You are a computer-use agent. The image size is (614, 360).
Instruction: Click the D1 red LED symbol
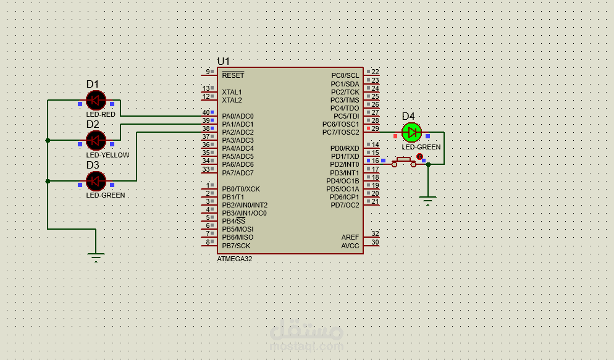[x=96, y=101]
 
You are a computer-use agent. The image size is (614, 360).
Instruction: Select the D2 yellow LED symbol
[x=96, y=140]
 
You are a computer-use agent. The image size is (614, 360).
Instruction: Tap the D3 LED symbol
[x=96, y=181]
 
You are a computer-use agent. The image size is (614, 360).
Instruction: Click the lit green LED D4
[x=411, y=132]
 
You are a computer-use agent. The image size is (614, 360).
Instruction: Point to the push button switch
[x=404, y=162]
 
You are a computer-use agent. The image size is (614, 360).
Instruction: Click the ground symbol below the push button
[x=428, y=201]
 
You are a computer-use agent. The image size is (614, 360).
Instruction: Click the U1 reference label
[x=223, y=61]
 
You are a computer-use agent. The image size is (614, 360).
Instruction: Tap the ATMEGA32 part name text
[x=235, y=259]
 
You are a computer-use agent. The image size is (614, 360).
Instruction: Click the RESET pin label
[x=233, y=75]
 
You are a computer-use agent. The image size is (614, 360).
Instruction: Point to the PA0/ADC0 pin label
[x=238, y=116]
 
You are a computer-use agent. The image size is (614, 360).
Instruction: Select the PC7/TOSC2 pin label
[x=341, y=132]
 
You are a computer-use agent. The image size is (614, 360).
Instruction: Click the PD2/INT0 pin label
[x=345, y=164]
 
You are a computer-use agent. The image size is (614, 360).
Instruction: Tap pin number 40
[x=206, y=113]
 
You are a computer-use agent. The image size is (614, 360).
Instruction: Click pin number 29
[x=375, y=128]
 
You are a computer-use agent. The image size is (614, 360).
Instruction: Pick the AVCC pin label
[x=350, y=246]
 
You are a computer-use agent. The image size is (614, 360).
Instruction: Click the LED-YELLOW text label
[x=107, y=155]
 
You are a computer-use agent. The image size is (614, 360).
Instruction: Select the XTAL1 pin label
[x=232, y=92]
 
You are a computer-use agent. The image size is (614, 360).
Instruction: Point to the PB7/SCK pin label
[x=236, y=246]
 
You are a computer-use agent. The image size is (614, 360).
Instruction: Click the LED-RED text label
[x=101, y=114]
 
